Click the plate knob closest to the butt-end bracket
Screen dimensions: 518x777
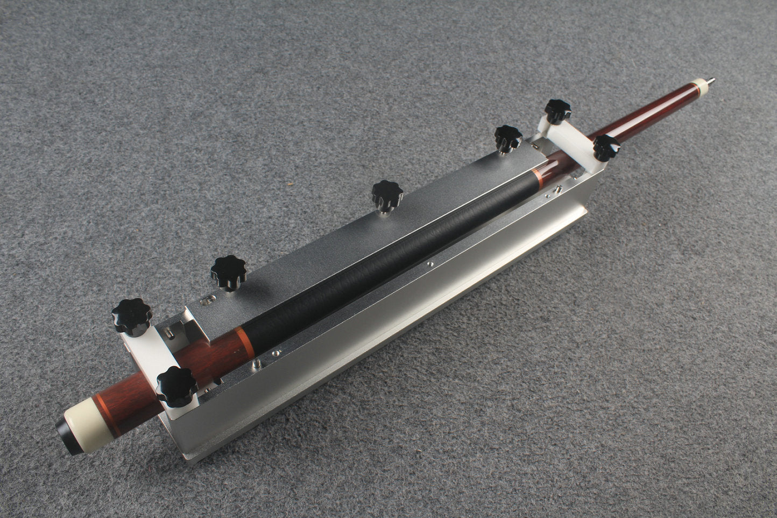(x=228, y=271)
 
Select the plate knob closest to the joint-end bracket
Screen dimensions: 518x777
(x=507, y=137)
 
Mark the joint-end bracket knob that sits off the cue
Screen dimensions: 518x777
(x=557, y=111)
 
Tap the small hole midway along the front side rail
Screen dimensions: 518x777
(x=430, y=264)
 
